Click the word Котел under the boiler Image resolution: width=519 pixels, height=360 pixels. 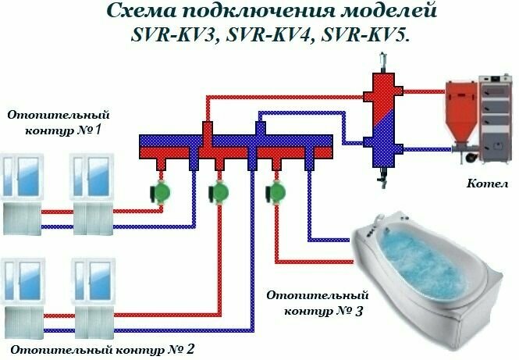tap(488, 184)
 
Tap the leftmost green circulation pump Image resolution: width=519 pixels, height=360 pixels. tap(162, 191)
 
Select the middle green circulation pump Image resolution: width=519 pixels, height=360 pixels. tap(217, 191)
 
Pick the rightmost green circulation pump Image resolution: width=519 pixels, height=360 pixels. tap(274, 191)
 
